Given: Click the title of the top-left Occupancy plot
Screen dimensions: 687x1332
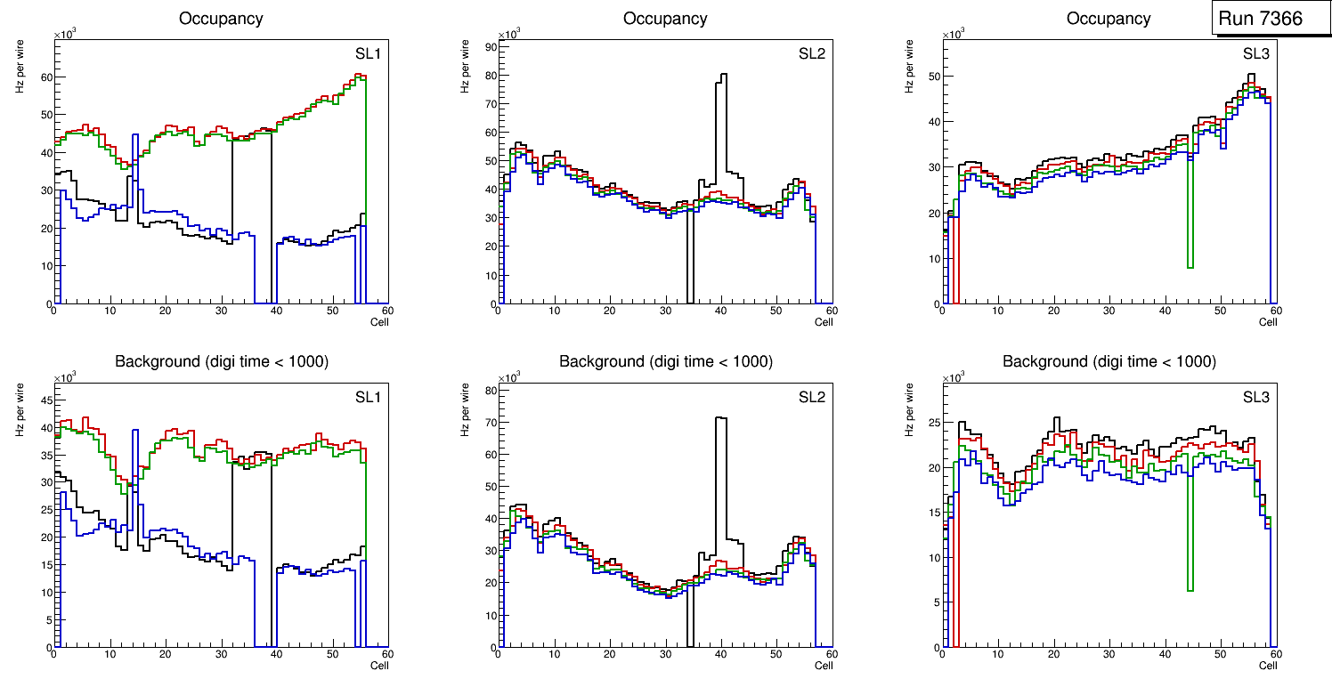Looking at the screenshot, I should [221, 19].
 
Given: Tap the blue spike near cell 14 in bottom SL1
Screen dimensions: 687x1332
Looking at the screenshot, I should [134, 436].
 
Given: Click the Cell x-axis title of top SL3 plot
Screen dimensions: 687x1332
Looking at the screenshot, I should [1268, 322].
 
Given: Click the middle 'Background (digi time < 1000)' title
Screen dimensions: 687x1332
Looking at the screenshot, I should [665, 361].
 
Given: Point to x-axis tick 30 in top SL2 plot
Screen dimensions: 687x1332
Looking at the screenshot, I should [664, 311].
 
